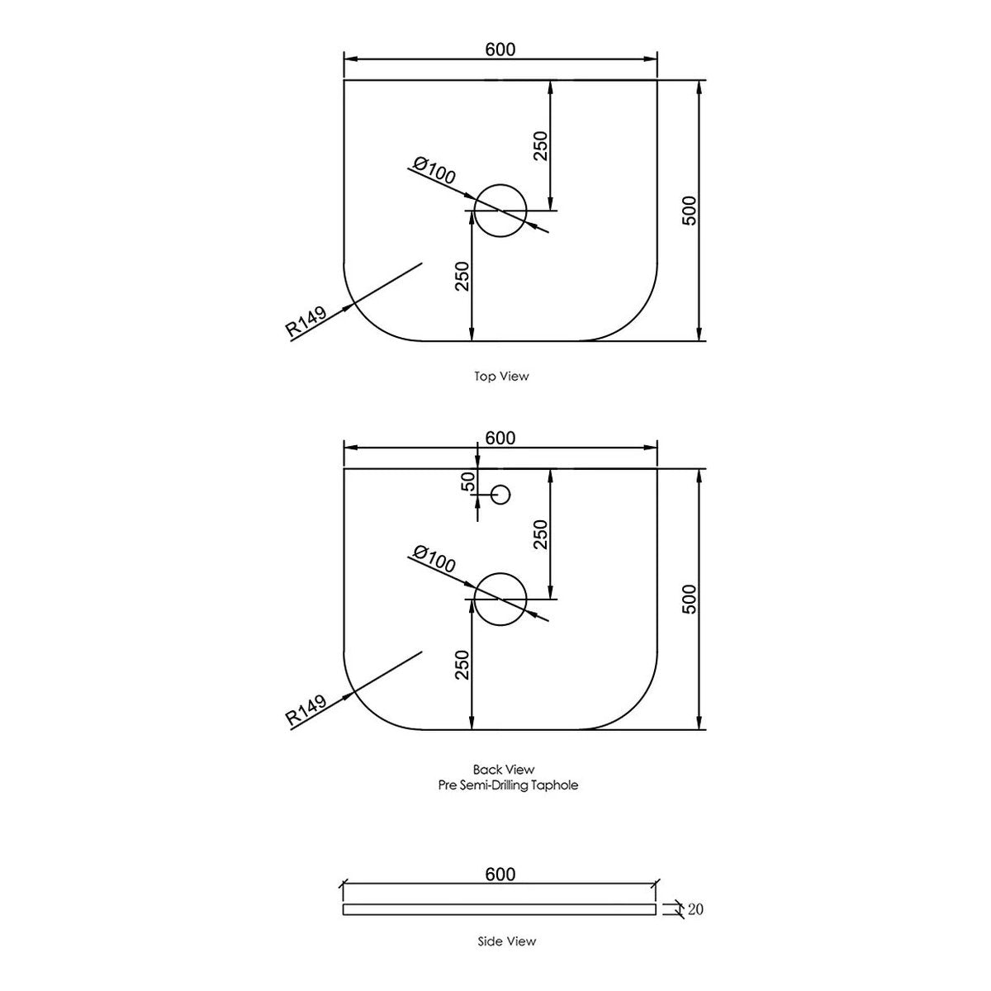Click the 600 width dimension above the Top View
(500, 50)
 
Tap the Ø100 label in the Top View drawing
(434, 171)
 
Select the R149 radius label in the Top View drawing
(306, 322)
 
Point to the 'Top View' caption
(501, 377)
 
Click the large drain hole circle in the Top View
(500, 184)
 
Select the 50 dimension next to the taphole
(469, 481)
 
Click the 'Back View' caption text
(504, 770)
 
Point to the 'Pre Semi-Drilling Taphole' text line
(508, 785)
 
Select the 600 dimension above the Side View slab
(500, 875)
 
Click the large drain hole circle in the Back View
(500, 573)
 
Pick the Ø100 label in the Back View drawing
(434, 560)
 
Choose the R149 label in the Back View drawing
(306, 711)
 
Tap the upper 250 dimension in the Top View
(541, 146)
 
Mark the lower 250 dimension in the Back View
(462, 665)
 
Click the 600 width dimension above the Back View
(500, 439)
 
